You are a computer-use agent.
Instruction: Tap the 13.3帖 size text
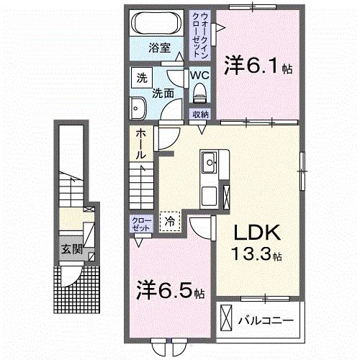pyautogui.click(x=256, y=255)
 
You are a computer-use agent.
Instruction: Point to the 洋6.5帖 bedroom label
pyautogui.click(x=171, y=292)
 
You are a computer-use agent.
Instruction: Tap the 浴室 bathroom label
pyautogui.click(x=159, y=48)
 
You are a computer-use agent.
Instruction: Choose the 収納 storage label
pyautogui.click(x=200, y=114)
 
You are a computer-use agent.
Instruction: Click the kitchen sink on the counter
pyautogui.click(x=210, y=162)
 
